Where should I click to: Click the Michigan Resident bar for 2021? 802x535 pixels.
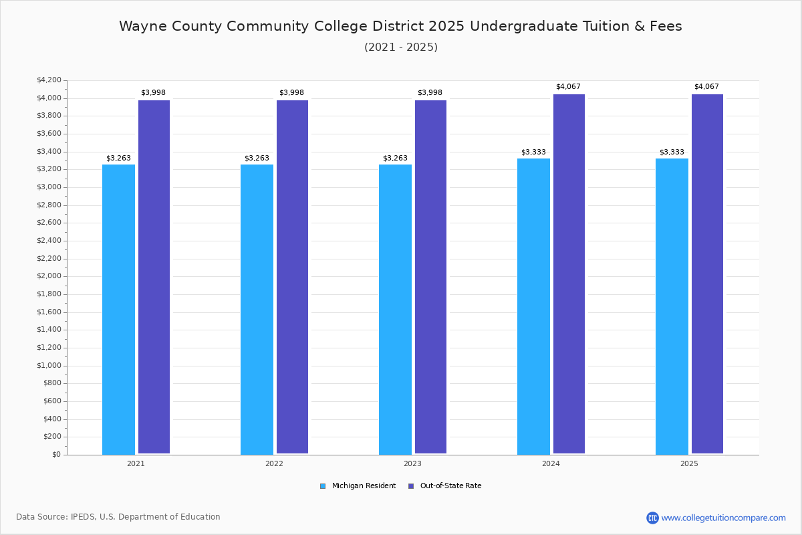coord(118,309)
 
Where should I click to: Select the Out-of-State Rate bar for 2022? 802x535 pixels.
coord(292,277)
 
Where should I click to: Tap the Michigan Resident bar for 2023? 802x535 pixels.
coord(395,309)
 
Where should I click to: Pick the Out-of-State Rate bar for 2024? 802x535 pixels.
coord(569,274)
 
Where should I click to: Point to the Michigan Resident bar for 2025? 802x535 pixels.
coord(672,306)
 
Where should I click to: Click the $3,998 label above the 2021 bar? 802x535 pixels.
coord(153,93)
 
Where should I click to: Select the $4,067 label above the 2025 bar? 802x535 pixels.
coord(706,87)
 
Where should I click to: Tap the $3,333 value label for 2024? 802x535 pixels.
coord(533,152)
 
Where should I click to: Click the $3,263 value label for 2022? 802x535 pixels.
coord(257,158)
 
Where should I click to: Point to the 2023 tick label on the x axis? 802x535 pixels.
coord(412,463)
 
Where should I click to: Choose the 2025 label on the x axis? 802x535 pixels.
coord(689,463)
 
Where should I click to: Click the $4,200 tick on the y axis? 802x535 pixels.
coord(49,80)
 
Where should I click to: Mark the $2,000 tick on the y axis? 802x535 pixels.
coord(49,276)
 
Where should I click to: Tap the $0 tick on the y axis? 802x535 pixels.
coord(56,455)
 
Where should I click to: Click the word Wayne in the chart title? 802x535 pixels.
coord(140,27)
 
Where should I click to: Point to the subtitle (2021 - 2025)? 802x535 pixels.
coord(401,47)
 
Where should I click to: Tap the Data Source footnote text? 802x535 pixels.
coord(118,517)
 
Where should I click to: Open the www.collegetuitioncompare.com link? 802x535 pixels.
coord(723,518)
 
